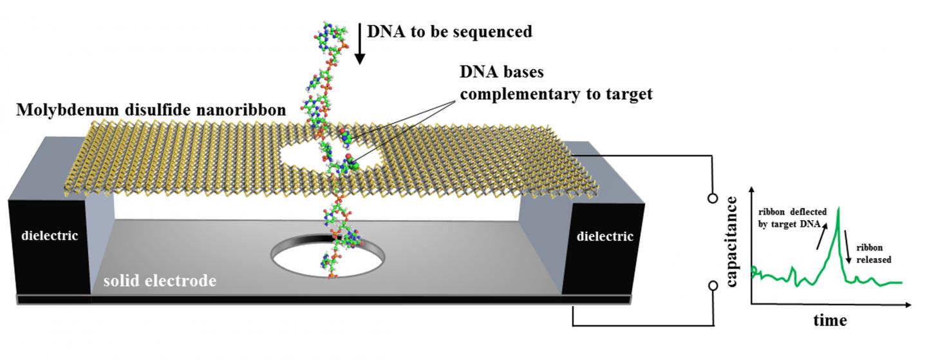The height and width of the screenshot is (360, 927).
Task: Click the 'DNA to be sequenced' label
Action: pyautogui.click(x=449, y=31)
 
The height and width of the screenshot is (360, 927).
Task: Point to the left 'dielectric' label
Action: pyautogui.click(x=49, y=236)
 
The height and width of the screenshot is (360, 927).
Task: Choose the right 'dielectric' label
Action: pyautogui.click(x=604, y=236)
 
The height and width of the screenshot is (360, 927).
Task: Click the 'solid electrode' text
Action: pyautogui.click(x=160, y=281)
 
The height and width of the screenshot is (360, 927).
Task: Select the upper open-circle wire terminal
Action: pyautogui.click(x=713, y=198)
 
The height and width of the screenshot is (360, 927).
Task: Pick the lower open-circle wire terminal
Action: pyautogui.click(x=713, y=285)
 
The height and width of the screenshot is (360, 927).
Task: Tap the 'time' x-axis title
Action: pyautogui.click(x=829, y=319)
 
